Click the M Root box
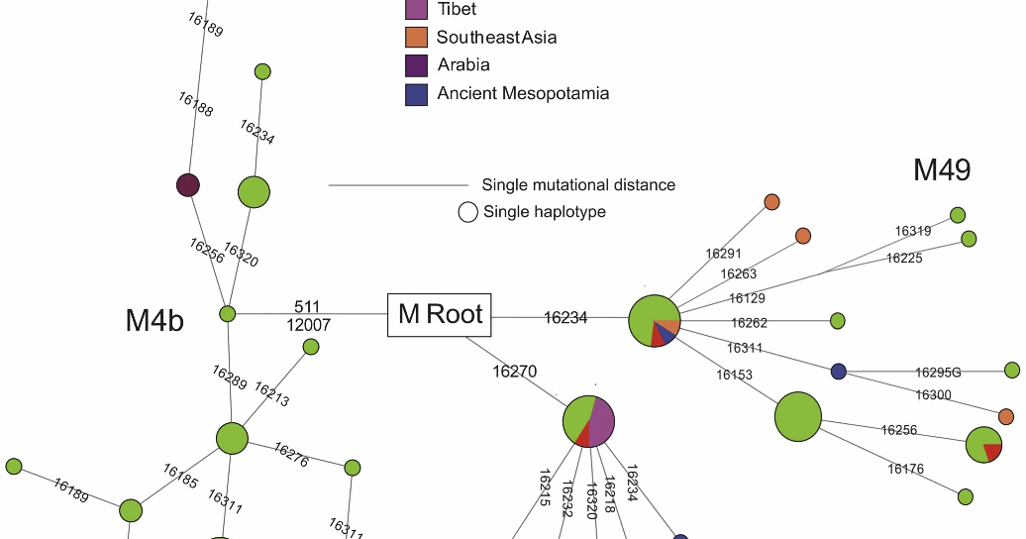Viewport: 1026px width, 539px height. pyautogui.click(x=440, y=315)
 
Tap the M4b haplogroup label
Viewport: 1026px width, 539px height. pyautogui.click(x=154, y=321)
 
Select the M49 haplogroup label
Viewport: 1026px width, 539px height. pyautogui.click(x=941, y=170)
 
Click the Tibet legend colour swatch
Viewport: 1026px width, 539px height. pyautogui.click(x=417, y=10)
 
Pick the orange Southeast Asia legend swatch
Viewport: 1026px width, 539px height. pyautogui.click(x=417, y=38)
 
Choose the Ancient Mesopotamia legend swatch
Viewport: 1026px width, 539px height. pyautogui.click(x=417, y=94)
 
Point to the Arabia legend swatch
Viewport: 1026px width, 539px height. pyautogui.click(x=417, y=65)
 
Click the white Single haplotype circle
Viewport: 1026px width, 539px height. pyautogui.click(x=467, y=212)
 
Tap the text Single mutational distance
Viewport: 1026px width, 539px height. pyautogui.click(x=578, y=185)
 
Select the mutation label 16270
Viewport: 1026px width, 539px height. pyautogui.click(x=514, y=372)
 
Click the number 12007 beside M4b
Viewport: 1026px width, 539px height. pyautogui.click(x=307, y=325)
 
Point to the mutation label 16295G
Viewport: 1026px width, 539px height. pyautogui.click(x=938, y=373)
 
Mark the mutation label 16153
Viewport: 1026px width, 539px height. pyautogui.click(x=734, y=375)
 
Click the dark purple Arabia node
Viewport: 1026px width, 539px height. pyautogui.click(x=187, y=185)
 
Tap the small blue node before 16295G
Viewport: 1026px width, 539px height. pyautogui.click(x=839, y=371)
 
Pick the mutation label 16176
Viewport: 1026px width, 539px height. pyautogui.click(x=905, y=469)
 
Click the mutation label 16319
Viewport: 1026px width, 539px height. pyautogui.click(x=912, y=231)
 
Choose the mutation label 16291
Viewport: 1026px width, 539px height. pyautogui.click(x=723, y=254)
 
